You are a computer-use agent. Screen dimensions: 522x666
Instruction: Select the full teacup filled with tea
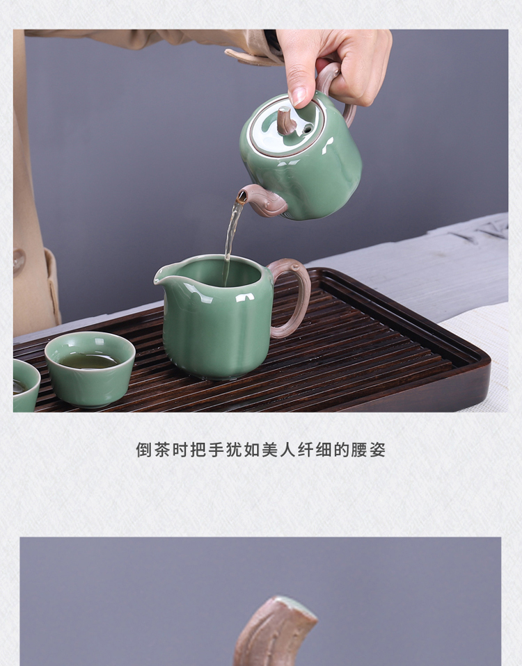click(x=90, y=368)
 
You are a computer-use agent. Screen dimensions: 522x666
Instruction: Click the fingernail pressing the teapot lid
click(x=299, y=96)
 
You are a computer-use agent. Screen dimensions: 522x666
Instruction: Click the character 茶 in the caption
click(x=161, y=450)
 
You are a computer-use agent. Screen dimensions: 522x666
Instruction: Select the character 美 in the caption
click(x=269, y=450)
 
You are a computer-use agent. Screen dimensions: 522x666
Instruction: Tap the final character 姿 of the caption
click(x=377, y=450)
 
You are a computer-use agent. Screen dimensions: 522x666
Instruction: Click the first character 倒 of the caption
click(x=144, y=450)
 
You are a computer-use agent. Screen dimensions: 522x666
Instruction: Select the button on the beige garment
click(x=19, y=260)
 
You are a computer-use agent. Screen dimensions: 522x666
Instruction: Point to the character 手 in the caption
click(x=216, y=450)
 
